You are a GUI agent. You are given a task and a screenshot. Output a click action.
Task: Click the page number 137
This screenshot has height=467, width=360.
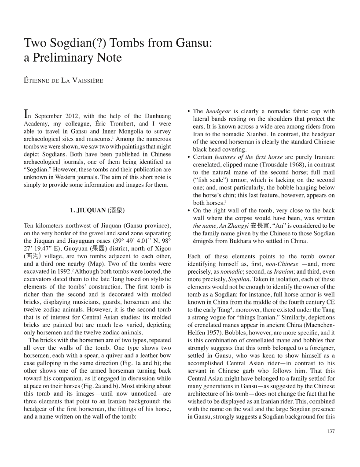click(x=331, y=431)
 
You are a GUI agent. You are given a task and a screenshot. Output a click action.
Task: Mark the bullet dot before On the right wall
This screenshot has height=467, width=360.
click(x=189, y=210)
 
